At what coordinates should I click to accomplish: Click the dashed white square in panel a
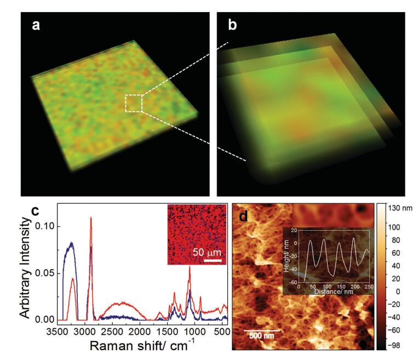tap(134, 103)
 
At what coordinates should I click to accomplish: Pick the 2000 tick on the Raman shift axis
tap(139, 332)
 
